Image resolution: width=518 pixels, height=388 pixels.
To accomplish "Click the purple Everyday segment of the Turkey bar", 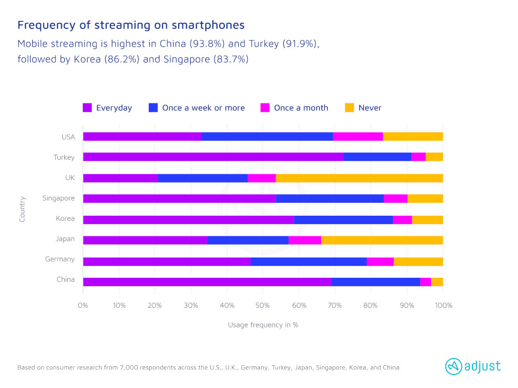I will click(x=213, y=157).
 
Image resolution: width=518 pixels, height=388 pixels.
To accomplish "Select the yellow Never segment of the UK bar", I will click(x=359, y=178).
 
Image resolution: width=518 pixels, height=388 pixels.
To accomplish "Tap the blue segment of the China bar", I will click(x=376, y=282).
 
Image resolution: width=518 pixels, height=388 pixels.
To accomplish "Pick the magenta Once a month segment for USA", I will click(x=358, y=137).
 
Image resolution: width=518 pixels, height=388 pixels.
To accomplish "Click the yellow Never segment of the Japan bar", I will click(x=382, y=240).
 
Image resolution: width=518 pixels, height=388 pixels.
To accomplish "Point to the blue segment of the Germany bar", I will click(x=308, y=261).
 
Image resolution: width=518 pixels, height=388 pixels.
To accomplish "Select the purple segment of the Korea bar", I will click(x=188, y=219).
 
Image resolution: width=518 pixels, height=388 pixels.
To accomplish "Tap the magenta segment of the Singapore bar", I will click(x=396, y=198).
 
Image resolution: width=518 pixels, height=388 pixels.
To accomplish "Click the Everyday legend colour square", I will click(x=88, y=108).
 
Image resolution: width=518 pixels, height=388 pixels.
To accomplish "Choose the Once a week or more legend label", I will click(x=203, y=108).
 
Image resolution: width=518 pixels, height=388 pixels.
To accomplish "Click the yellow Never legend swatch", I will click(x=350, y=108).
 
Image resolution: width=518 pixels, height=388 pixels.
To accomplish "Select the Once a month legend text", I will click(x=301, y=108).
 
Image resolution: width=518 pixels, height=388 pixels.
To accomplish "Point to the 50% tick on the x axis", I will click(x=263, y=305).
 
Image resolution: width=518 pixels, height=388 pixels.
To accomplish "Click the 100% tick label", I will click(x=443, y=305).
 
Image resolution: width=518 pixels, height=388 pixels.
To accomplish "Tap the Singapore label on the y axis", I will click(x=59, y=198).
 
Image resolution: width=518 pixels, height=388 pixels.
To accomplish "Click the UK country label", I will click(x=69, y=177).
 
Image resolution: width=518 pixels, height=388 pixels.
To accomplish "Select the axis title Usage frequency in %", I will click(x=263, y=325).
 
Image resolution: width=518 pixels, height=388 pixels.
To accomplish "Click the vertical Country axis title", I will click(x=22, y=208).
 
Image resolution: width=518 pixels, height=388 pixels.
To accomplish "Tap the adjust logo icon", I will click(x=454, y=366).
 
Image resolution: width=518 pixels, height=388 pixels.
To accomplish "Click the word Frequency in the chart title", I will click(x=41, y=25).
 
